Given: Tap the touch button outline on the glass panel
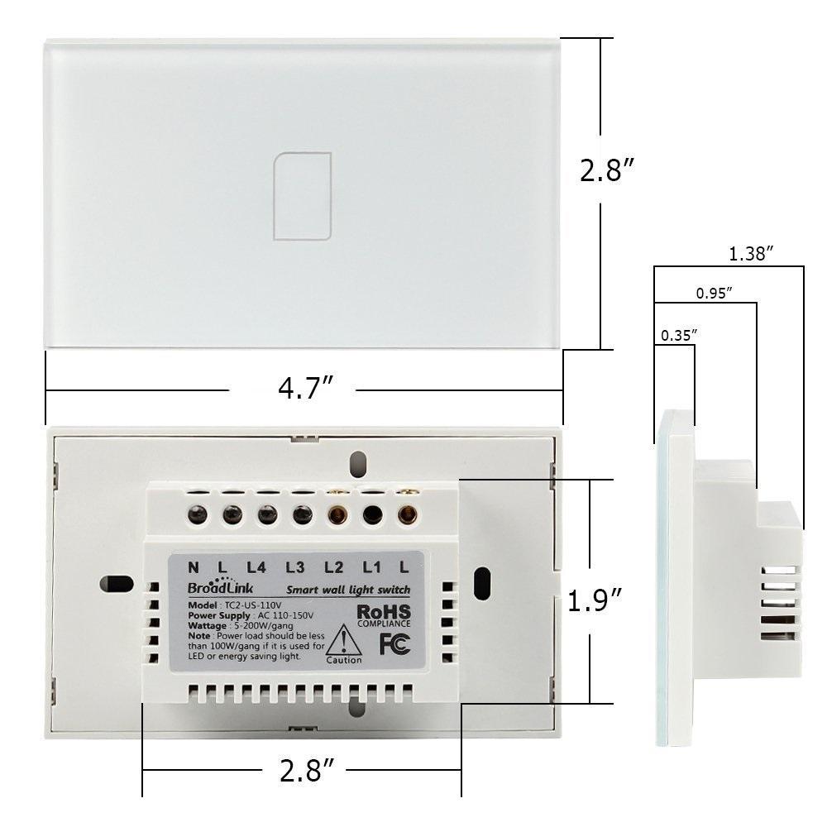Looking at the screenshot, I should tap(303, 196).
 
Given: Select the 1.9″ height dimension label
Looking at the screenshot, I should tap(594, 600).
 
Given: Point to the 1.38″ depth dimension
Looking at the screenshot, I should tap(751, 255).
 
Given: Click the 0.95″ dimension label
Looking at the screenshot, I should tap(714, 293).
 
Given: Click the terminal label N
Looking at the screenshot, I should tap(194, 567).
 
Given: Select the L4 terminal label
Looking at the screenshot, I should tap(256, 567).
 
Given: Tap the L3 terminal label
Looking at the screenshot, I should tap(295, 567).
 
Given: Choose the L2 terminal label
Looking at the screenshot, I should tap(333, 567).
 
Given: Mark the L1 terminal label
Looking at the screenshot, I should tap(371, 567).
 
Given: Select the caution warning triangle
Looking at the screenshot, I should tap(343, 641).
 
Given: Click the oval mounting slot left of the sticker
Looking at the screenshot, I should tap(117, 583).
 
